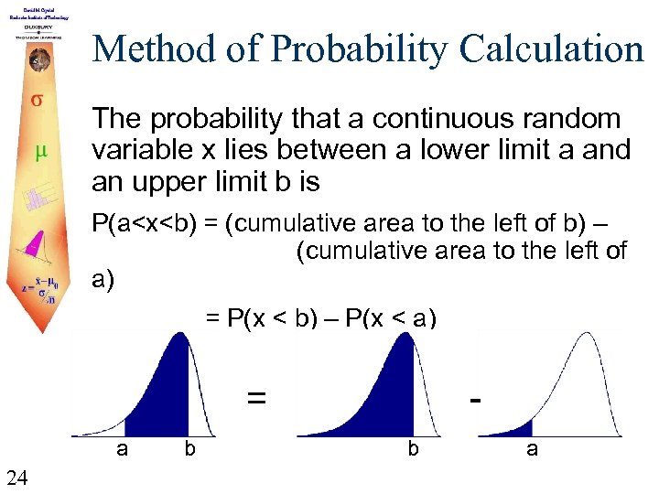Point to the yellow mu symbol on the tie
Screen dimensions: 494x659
[40, 151]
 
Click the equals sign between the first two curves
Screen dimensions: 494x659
[257, 398]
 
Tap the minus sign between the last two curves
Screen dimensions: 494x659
[474, 398]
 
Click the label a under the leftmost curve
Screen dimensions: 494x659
[121, 448]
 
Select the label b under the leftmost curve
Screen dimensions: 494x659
[189, 448]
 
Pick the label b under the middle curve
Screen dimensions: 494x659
[414, 448]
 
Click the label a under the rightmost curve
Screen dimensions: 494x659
[531, 448]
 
